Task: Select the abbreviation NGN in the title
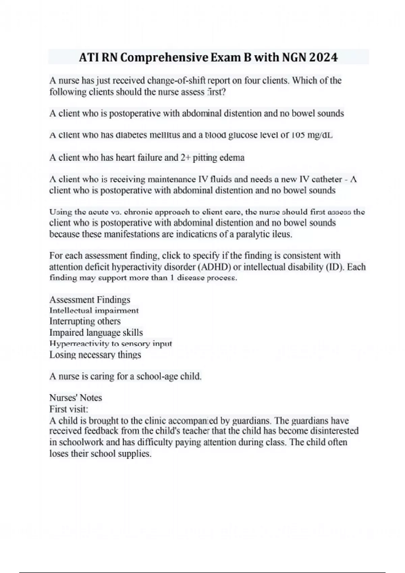(x=294, y=58)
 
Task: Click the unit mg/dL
(x=320, y=135)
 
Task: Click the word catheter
(x=327, y=179)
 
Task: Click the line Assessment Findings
(x=90, y=300)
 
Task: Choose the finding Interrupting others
(x=85, y=321)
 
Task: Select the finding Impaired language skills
(x=96, y=333)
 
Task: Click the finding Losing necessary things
(x=95, y=355)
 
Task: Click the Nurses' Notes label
(x=76, y=398)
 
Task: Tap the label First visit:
(x=69, y=409)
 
